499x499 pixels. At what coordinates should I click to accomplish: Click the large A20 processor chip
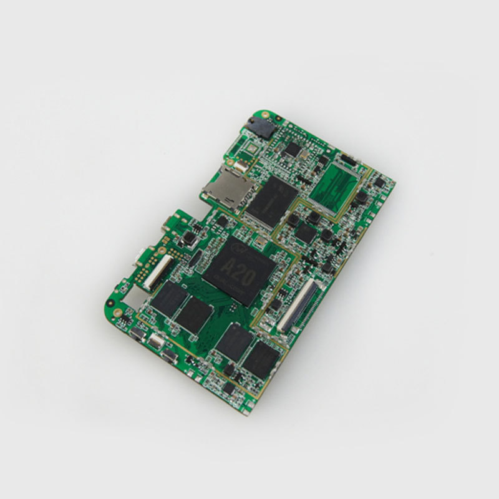tap(240, 270)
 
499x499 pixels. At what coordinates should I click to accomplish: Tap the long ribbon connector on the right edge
tap(299, 306)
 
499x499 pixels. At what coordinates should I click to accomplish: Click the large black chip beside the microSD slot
tap(271, 199)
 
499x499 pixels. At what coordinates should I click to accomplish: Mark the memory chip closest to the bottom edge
tap(261, 360)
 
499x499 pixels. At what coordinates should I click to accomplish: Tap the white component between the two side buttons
tap(154, 342)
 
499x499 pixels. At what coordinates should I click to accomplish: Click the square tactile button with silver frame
tap(187, 238)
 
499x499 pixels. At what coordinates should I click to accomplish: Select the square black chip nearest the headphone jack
tap(291, 149)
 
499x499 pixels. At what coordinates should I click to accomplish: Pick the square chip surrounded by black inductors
tap(306, 233)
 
